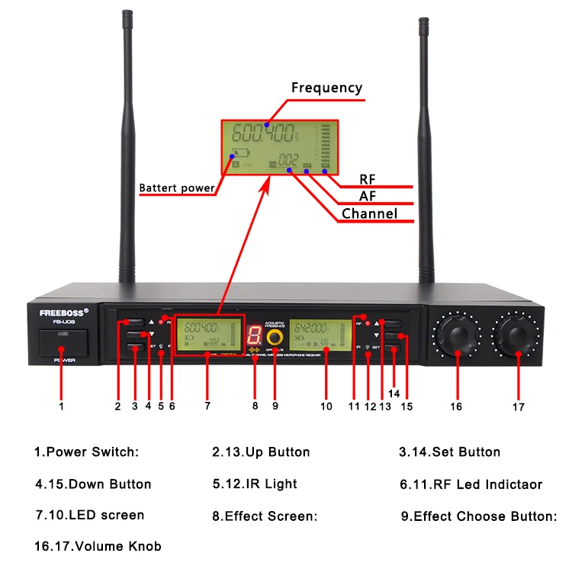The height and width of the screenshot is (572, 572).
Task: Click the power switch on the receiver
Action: (x=60, y=342)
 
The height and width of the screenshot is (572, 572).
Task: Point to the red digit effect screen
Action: (x=254, y=333)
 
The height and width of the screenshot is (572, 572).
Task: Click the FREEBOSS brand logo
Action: (x=64, y=311)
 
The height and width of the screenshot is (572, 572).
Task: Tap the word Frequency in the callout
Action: (x=326, y=88)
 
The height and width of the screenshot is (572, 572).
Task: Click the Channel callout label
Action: (x=369, y=214)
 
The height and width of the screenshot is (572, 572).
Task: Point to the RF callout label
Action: (x=368, y=180)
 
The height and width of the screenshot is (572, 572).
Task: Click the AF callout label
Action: (x=368, y=197)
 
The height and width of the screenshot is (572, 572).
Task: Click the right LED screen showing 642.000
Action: (x=319, y=335)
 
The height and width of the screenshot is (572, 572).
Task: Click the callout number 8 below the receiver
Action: (x=255, y=407)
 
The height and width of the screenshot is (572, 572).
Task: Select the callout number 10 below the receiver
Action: (x=326, y=407)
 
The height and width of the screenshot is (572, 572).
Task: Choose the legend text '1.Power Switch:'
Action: (x=86, y=451)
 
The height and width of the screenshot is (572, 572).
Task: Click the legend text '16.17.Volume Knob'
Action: (x=98, y=546)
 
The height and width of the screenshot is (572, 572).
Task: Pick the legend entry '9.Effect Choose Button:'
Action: (x=479, y=516)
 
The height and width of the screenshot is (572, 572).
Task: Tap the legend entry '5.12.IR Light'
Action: (x=255, y=484)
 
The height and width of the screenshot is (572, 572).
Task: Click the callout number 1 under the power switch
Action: (x=61, y=407)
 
